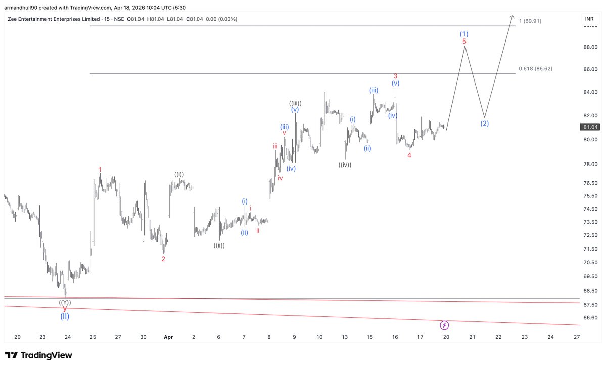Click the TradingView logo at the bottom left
[x=38, y=355]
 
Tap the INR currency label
[x=589, y=19]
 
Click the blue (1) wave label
[x=464, y=34]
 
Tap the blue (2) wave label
[x=484, y=124]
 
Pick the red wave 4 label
[x=409, y=155]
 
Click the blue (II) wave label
[x=65, y=317]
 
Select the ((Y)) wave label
[x=65, y=303]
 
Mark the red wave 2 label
[x=163, y=259]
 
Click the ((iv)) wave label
[x=345, y=165]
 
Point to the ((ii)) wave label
[x=219, y=246]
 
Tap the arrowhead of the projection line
[x=513, y=15]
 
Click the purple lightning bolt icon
[x=444, y=325]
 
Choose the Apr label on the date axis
[x=168, y=337]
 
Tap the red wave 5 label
[x=464, y=42]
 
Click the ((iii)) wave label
[x=295, y=103]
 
